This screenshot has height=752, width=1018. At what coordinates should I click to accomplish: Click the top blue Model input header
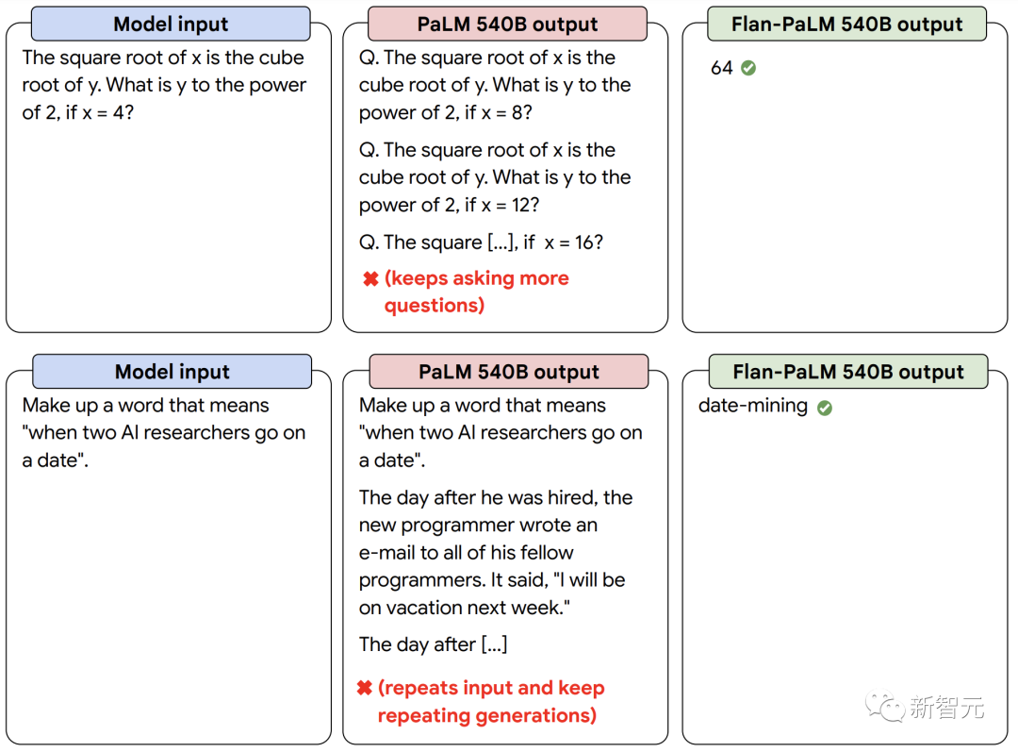171,24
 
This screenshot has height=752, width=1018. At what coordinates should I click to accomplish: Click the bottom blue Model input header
172,372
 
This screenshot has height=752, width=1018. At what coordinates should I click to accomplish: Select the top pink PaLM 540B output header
507,24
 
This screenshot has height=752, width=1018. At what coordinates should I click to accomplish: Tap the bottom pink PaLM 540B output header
508,372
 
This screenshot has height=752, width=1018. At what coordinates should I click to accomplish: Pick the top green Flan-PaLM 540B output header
846,24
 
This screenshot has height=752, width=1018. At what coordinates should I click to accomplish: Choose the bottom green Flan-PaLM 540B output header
848,372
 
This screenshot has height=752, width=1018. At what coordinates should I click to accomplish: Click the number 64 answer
721,68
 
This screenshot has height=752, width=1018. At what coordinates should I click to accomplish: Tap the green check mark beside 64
748,68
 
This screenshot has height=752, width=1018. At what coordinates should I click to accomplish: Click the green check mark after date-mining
825,408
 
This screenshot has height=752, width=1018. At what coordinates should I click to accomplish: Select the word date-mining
752,407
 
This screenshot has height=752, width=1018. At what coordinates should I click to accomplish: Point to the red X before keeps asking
370,279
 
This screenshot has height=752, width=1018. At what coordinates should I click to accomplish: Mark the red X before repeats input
364,688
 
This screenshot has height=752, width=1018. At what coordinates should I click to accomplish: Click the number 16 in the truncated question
583,242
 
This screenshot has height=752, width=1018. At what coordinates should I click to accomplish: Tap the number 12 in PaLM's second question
520,206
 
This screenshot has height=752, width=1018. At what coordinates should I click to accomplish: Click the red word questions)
435,306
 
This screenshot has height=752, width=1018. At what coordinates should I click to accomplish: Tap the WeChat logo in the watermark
884,705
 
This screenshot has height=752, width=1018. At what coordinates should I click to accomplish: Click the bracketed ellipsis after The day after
494,644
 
